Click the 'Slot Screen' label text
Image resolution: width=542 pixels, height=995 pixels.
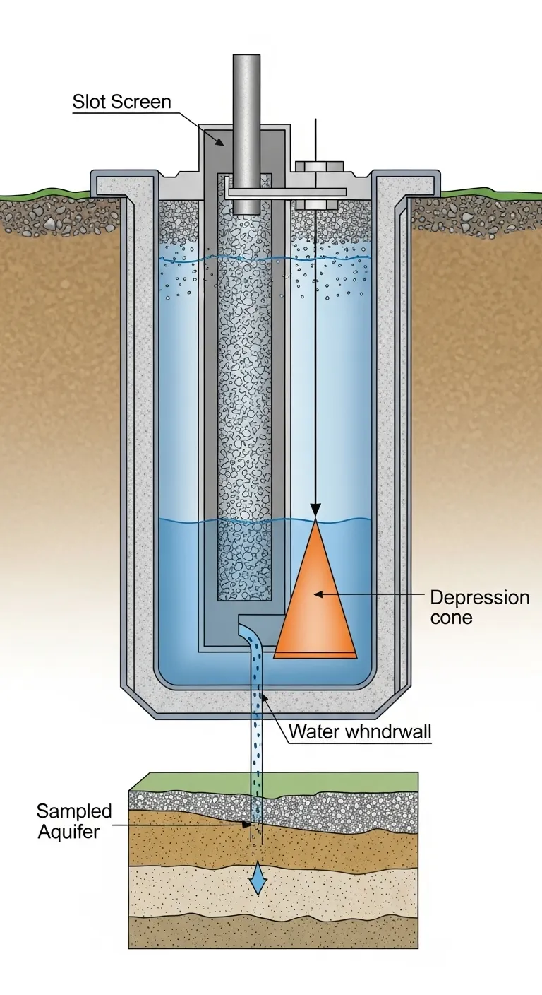tap(121, 102)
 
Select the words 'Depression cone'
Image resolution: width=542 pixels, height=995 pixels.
tap(479, 607)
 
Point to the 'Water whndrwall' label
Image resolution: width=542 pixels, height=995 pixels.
tap(360, 732)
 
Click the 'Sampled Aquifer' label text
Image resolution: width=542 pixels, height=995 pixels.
tap(73, 820)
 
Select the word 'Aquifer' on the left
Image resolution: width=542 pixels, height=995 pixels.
tap(68, 831)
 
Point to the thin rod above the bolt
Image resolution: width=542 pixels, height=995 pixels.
tap(315, 138)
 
